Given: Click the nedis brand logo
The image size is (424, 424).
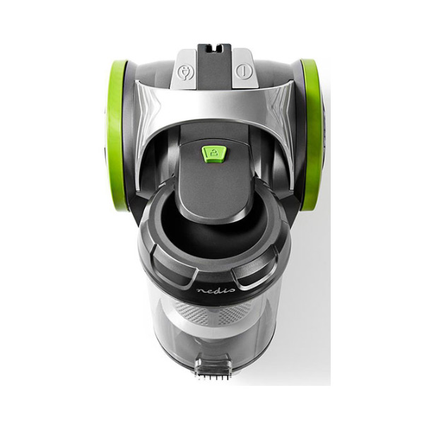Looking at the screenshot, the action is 216,290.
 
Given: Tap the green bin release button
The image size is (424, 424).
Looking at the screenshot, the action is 214,154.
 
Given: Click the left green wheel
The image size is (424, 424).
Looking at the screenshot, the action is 117,135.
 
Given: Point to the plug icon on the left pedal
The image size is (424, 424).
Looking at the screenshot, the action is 186,72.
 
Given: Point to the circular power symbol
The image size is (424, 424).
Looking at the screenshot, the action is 244,71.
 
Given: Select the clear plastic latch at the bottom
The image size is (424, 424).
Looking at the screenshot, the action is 214,365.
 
